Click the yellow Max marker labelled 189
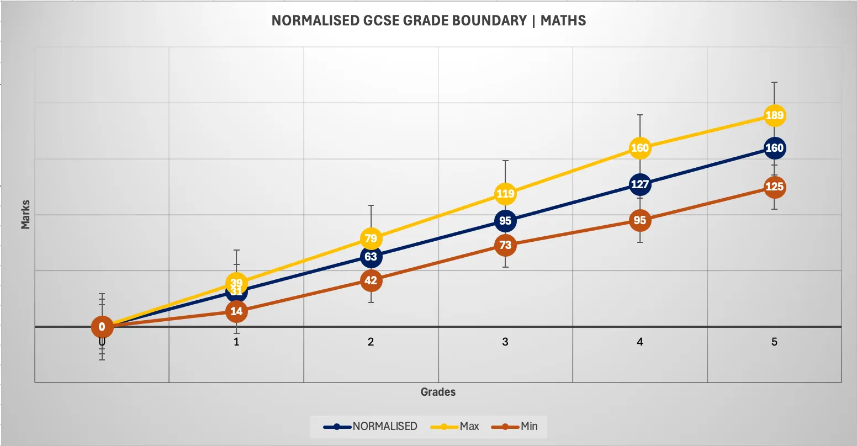pyautogui.click(x=774, y=115)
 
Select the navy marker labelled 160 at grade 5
pyautogui.click(x=774, y=148)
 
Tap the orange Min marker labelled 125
pyautogui.click(x=774, y=187)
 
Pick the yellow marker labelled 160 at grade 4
pyautogui.click(x=639, y=148)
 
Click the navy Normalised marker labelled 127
pyautogui.click(x=639, y=184)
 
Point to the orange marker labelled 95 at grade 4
pyautogui.click(x=639, y=220)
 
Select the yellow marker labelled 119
pyautogui.click(x=505, y=194)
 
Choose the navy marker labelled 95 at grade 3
pyautogui.click(x=505, y=221)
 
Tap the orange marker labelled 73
pyautogui.click(x=505, y=245)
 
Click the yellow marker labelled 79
pyautogui.click(x=371, y=238)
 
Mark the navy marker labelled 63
pyautogui.click(x=371, y=257)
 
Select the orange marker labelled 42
pyautogui.click(x=371, y=280)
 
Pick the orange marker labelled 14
pyautogui.click(x=236, y=311)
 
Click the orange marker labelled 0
pyautogui.click(x=102, y=327)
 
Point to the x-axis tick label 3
pyautogui.click(x=505, y=342)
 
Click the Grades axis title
pyautogui.click(x=438, y=392)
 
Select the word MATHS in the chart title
pyautogui.click(x=563, y=21)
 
